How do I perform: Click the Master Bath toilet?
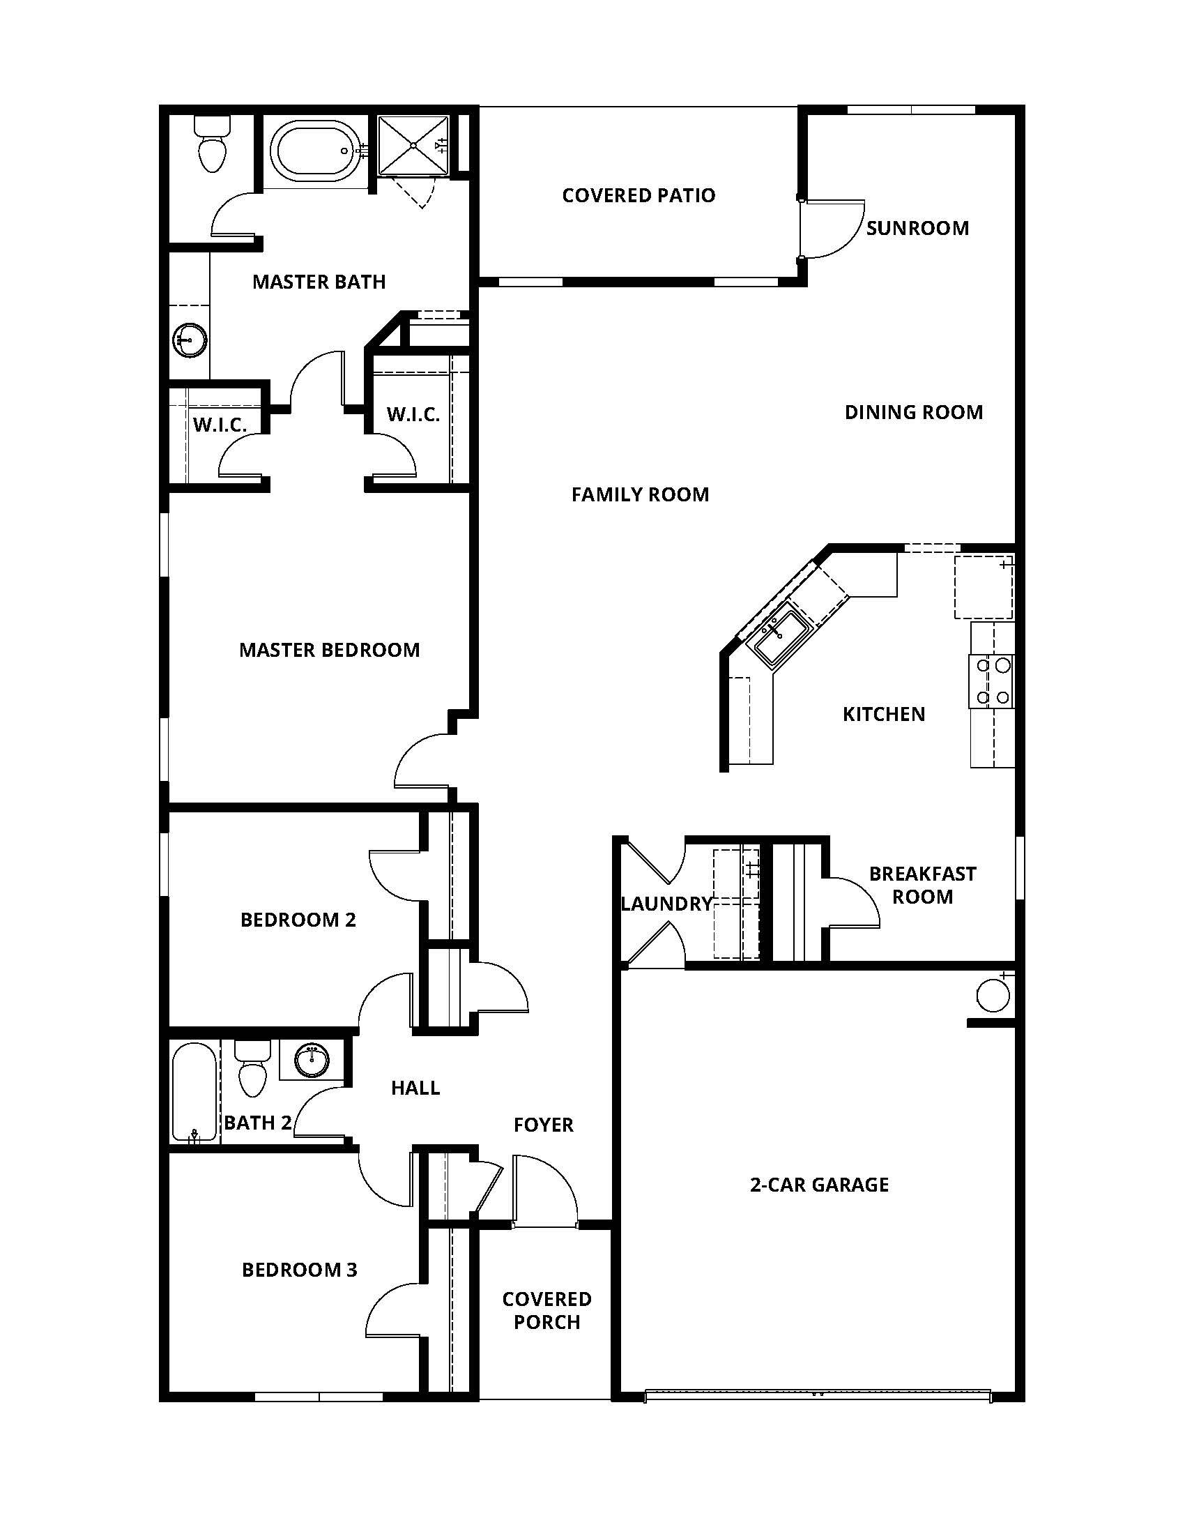pos(212,146)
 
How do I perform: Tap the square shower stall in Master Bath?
pos(413,146)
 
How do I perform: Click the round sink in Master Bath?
pos(190,340)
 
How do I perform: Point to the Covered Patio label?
pos(638,195)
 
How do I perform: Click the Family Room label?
pos(639,495)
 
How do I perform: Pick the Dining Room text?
pos(913,412)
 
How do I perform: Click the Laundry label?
pos(666,904)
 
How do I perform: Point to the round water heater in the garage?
pos(993,995)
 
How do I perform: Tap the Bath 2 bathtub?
pos(194,1091)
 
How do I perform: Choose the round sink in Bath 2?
pos(312,1061)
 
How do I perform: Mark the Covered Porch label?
pos(546,1311)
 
